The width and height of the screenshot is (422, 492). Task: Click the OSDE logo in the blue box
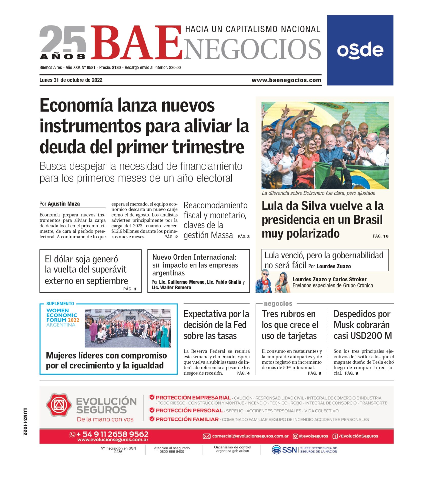pos(360,50)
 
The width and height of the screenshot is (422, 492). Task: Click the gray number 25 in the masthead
pos(63,39)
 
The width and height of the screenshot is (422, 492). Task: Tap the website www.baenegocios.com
pos(286,80)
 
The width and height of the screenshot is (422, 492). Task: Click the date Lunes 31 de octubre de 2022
pos(71,80)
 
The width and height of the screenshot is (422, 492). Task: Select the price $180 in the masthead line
pos(116,68)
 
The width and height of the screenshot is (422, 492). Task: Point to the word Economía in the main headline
pos(76,105)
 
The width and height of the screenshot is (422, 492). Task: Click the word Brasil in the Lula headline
pos(368,220)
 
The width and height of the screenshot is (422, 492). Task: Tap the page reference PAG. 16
pos(380,236)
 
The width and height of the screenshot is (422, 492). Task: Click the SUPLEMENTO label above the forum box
pos(60,303)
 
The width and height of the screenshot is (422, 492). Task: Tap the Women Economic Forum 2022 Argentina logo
pos(63,317)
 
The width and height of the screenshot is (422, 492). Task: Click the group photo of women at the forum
pos(127,328)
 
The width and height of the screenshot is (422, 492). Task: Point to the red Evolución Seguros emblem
pos(58,405)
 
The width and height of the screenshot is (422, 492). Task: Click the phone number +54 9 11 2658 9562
pos(112,434)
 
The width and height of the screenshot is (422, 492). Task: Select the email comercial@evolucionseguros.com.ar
pos(250,436)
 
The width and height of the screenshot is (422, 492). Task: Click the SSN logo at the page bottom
pos(285,450)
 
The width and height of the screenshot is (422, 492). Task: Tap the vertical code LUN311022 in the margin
pos(25,422)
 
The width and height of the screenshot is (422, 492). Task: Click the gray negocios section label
pos(278,304)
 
